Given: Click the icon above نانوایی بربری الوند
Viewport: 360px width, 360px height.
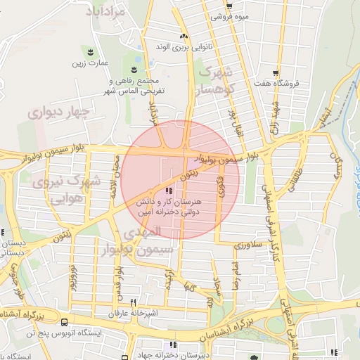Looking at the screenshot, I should pos(184,37).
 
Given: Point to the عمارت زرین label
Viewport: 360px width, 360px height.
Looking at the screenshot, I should pos(88,63).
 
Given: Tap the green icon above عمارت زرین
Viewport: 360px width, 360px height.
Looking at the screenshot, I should pos(89,51).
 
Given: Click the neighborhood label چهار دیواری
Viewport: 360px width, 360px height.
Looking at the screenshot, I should pos(60,112).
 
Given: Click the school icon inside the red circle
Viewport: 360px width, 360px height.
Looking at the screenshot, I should pos(167,191).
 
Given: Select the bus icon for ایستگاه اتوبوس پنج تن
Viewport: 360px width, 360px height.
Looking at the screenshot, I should pos(65,322).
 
